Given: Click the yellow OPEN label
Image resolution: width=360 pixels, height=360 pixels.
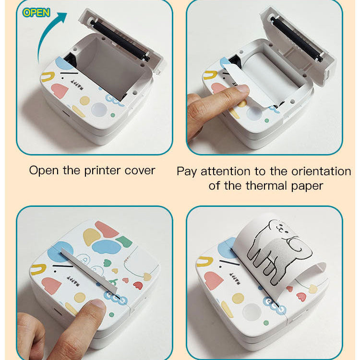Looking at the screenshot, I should tap(36, 12).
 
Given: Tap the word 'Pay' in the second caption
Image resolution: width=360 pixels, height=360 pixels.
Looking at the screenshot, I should tap(187, 171).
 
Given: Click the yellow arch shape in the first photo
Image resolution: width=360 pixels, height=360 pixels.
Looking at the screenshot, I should tap(48, 76).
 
